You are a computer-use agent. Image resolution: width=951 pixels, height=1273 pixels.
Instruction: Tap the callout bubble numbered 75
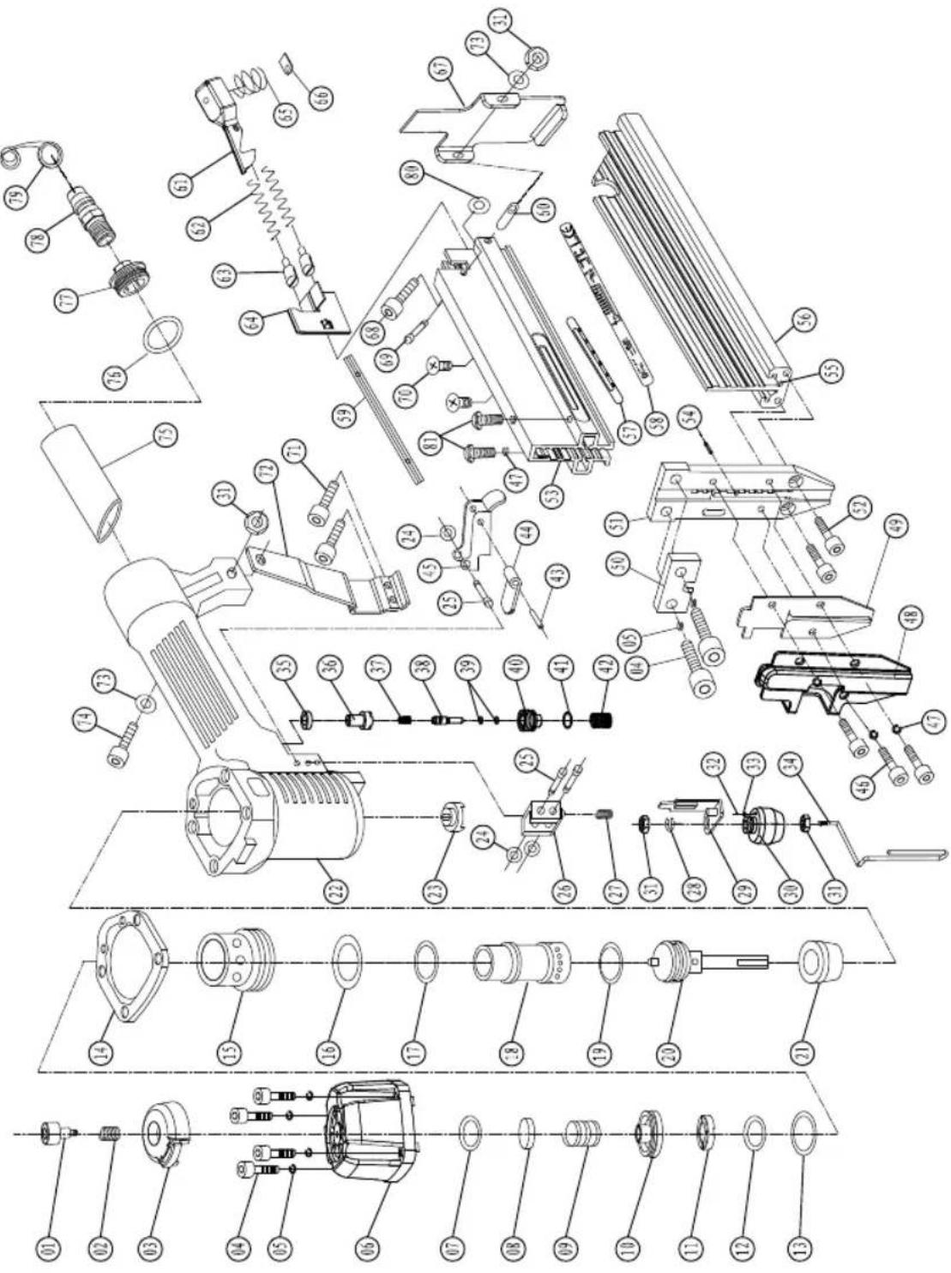(x=166, y=435)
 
